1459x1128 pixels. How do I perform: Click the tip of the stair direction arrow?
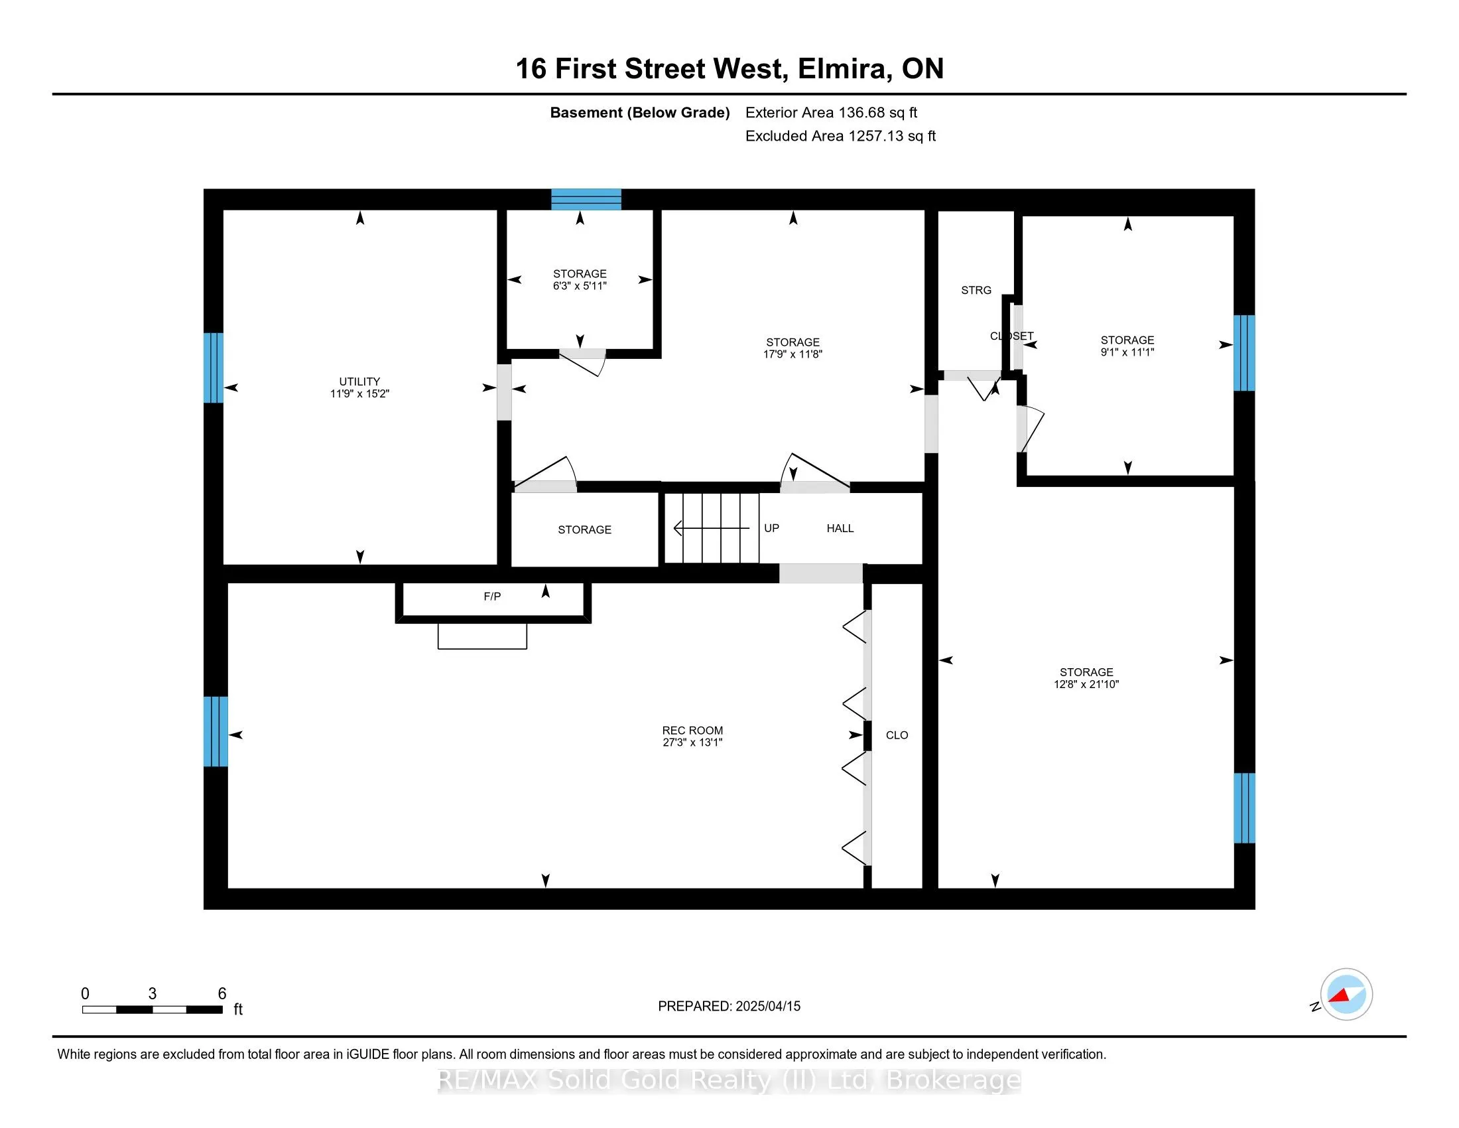pos(674,529)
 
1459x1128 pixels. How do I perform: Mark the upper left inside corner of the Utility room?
pos(223,210)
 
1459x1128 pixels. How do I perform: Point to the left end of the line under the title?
pos(53,94)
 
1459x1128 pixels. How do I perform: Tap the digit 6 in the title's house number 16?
pos(539,69)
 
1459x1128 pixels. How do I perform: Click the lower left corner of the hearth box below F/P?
pos(438,648)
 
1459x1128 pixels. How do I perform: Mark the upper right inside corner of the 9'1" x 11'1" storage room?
pos(1234,216)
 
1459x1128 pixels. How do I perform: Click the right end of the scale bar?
pos(222,1010)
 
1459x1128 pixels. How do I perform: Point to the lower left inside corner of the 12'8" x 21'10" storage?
pos(938,888)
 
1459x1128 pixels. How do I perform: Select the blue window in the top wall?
pos(586,199)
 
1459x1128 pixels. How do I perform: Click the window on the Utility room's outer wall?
pos(213,368)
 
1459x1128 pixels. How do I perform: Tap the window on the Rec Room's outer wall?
pos(216,732)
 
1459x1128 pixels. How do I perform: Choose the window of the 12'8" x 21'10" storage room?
pos(1244,808)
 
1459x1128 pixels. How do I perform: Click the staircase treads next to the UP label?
pos(712,529)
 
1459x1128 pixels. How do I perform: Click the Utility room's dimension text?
pos(359,393)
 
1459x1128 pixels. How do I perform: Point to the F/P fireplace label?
pos(492,596)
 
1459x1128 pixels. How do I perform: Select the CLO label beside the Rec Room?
pos(897,735)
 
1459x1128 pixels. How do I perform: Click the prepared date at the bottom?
pos(729,1006)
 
